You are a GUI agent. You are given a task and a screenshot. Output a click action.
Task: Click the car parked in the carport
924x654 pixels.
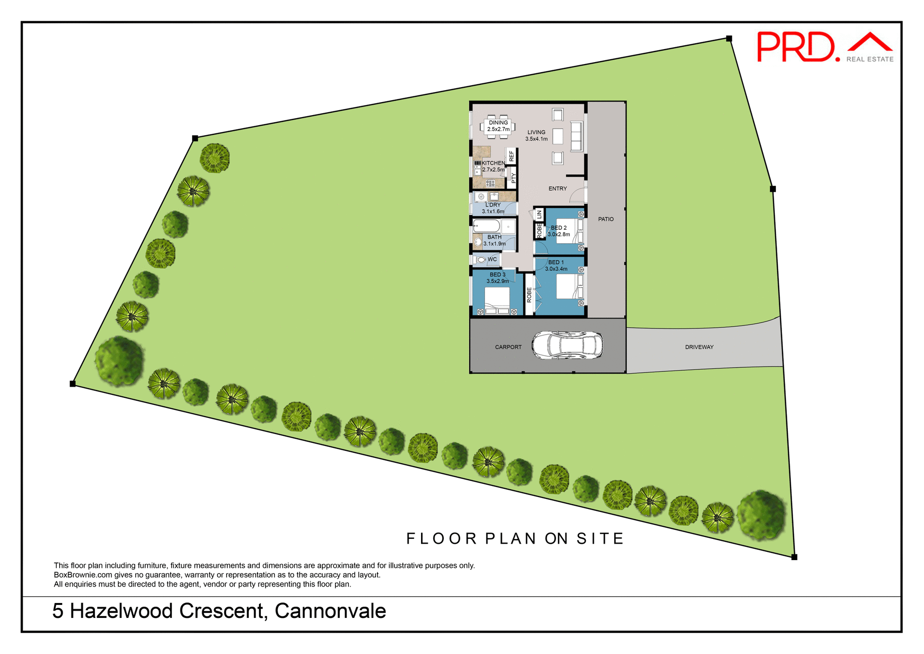pos(567,345)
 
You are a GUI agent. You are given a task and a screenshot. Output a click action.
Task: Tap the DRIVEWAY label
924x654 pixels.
pos(699,347)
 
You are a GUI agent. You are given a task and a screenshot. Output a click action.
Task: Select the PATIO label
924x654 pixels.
pos(605,219)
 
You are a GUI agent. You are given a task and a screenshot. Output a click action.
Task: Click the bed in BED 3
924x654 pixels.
pos(497,300)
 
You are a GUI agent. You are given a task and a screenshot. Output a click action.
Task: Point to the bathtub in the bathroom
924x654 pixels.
pos(486,226)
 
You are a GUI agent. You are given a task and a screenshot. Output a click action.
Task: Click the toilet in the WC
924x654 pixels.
pos(481,260)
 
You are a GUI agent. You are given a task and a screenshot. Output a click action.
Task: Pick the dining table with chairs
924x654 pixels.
pos(498,126)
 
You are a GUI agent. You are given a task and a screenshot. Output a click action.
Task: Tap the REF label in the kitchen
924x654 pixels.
pos(511,156)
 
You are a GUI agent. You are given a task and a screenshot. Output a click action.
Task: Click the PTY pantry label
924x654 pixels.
pos(513,178)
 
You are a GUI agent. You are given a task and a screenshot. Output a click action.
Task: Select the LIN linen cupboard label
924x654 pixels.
pos(539,215)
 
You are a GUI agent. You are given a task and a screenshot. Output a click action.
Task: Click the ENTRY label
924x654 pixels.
pos(557,189)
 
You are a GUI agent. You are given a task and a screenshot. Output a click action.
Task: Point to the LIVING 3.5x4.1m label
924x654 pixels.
pos(536,135)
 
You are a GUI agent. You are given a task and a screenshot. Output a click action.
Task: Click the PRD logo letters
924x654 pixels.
pos(796,47)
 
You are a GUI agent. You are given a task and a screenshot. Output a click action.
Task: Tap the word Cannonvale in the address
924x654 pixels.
pos(330,611)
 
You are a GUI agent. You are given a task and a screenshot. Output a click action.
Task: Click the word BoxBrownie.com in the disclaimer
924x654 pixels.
pos(83,575)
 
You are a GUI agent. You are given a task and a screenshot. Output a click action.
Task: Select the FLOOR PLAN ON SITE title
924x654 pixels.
pos(515,538)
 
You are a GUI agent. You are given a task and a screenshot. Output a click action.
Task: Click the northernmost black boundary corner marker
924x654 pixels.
pos(729,39)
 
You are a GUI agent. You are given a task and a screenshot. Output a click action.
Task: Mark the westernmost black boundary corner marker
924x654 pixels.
pos(73,384)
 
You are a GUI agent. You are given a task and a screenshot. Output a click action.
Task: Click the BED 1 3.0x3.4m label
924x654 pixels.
pos(556,266)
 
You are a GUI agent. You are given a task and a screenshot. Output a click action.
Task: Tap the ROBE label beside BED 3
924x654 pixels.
pos(529,295)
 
